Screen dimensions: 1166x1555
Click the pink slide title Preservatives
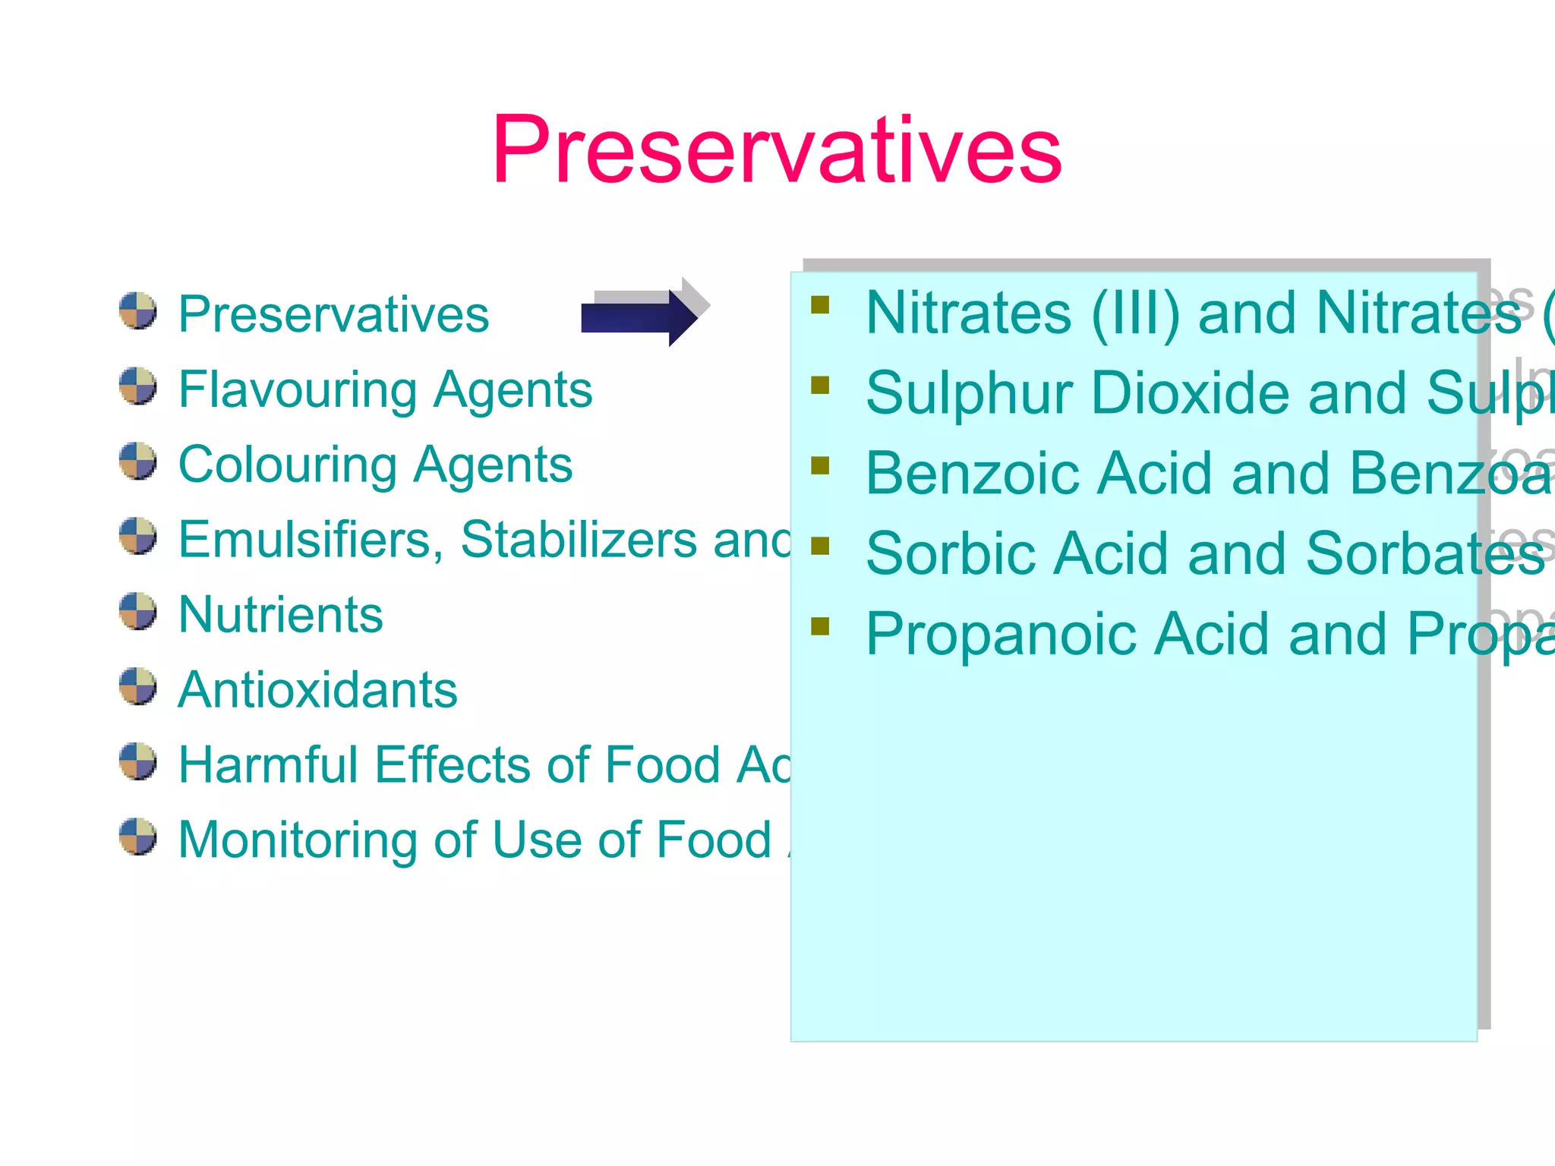click(776, 150)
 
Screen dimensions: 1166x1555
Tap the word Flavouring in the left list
click(297, 390)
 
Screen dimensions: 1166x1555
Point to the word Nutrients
click(280, 614)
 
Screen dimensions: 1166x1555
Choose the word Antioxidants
click(317, 689)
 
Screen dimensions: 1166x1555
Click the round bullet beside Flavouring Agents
click(138, 386)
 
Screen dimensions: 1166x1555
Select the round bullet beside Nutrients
click(138, 611)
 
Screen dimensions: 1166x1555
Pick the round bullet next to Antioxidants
click(138, 686)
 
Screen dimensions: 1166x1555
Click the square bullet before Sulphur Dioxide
click(820, 386)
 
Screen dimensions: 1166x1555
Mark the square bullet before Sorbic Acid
click(820, 546)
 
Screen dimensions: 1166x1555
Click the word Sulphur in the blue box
click(969, 394)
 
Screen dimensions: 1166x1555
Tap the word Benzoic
click(973, 474)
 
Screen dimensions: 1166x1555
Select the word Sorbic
click(951, 554)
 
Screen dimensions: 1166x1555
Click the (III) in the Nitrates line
click(1136, 314)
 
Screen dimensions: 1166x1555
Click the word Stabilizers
click(579, 540)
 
